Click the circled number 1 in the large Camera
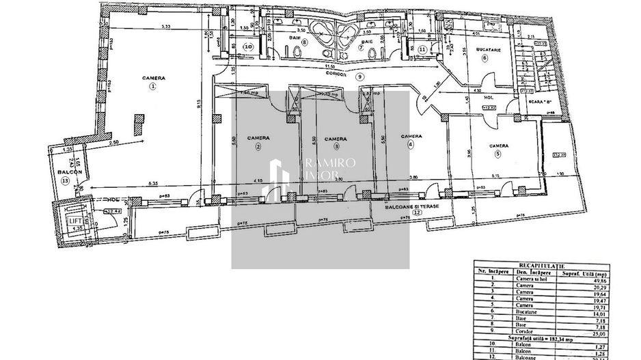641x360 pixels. coord(153,87)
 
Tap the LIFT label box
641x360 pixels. coord(72,220)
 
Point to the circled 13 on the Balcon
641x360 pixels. coord(65,180)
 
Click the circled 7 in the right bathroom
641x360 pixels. coord(360,49)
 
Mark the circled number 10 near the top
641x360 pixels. coord(249,47)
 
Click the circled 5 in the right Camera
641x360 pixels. coord(498,154)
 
